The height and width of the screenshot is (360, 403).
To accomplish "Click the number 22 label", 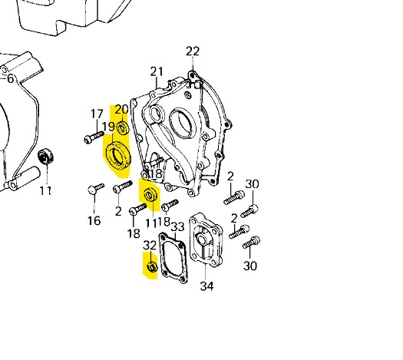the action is [193, 51].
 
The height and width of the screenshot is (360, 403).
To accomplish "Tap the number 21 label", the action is [157, 71].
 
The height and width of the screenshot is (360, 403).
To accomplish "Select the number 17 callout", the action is [97, 114].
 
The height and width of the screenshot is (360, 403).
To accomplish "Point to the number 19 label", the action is [108, 127].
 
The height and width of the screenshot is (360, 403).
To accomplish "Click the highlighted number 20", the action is [121, 110].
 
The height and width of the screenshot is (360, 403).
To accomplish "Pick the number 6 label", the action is [10, 78].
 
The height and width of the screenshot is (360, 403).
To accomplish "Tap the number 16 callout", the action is [94, 220].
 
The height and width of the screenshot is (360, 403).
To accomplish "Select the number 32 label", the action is [150, 246].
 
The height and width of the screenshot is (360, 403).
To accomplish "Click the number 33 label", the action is [178, 226].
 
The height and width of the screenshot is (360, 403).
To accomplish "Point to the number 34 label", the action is [206, 286].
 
